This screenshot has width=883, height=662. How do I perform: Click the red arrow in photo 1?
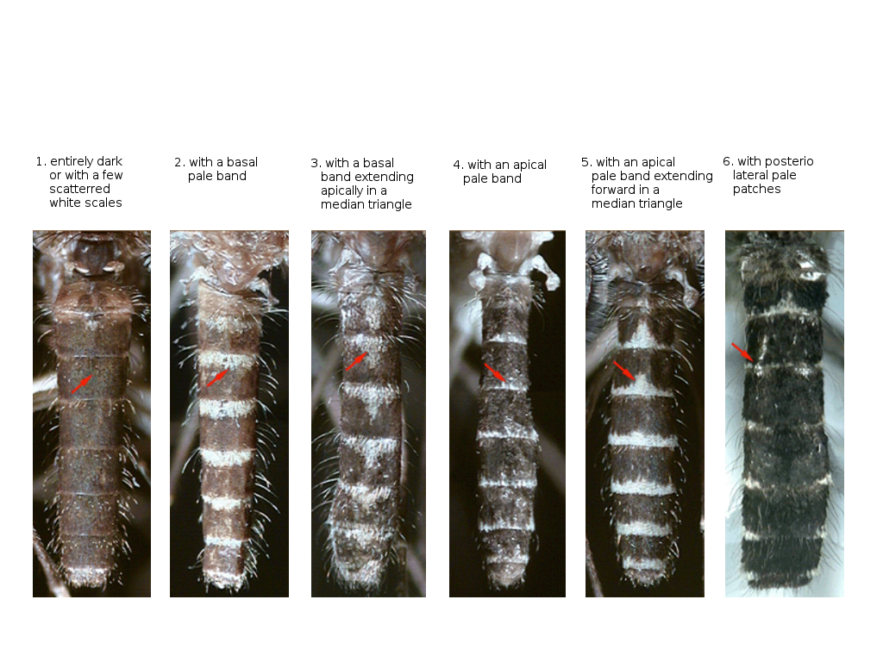tap(82, 384)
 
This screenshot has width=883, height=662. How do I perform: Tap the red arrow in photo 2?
tap(217, 378)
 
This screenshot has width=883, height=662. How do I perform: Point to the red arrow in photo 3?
tap(356, 362)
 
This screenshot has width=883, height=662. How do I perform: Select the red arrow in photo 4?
tap(496, 373)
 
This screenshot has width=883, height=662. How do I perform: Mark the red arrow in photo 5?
tap(624, 371)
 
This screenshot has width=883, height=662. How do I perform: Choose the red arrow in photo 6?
tap(742, 352)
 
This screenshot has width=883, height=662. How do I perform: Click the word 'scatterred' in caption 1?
tap(79, 189)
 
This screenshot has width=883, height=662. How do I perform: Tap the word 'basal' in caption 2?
tap(241, 162)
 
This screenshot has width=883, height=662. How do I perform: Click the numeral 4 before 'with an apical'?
tap(457, 165)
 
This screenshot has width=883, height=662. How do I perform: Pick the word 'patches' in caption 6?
tap(756, 189)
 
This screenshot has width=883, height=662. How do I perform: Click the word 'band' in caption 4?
tap(506, 178)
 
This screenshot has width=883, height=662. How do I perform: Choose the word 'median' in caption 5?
tap(611, 203)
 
